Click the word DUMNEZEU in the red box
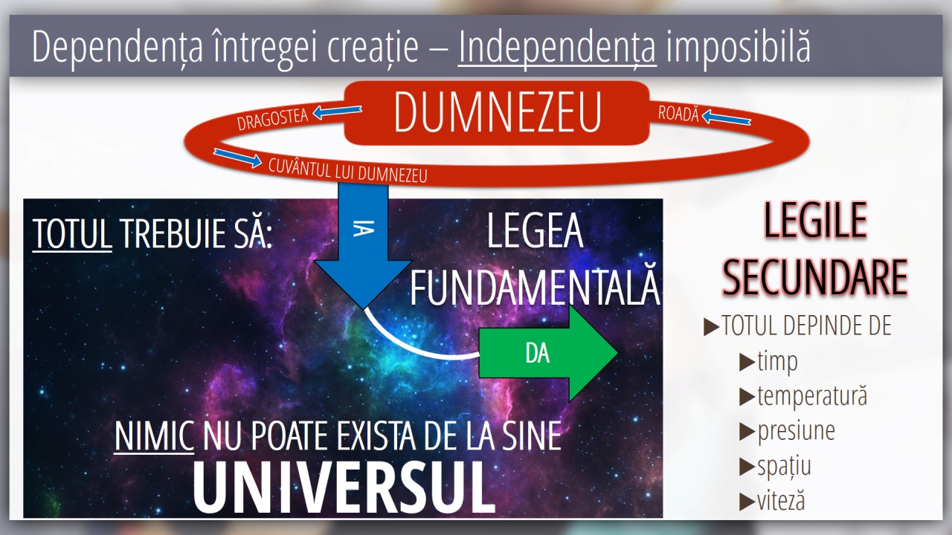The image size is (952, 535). point(498,112)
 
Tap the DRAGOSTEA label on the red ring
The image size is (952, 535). point(272,119)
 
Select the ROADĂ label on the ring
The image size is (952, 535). point(678,114)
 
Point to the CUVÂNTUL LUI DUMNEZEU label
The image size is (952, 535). point(347,171)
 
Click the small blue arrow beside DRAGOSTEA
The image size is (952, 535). point(337,112)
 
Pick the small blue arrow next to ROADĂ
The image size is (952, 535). point(726,117)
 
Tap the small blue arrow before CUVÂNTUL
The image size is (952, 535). point(237,158)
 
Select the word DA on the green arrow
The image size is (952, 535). point(537,353)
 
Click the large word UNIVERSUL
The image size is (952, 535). point(344,487)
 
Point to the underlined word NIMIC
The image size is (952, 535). point(154,436)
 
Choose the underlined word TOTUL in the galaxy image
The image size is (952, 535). point(72,233)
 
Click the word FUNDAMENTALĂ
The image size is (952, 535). point(535,288)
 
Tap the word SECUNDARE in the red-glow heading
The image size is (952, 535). point(815,277)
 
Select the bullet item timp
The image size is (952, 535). point(777,362)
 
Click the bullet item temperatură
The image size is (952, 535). point(812,396)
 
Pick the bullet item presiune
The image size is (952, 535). point(796,432)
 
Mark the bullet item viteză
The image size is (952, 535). point(781,501)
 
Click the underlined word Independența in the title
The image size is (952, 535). point(557,47)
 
